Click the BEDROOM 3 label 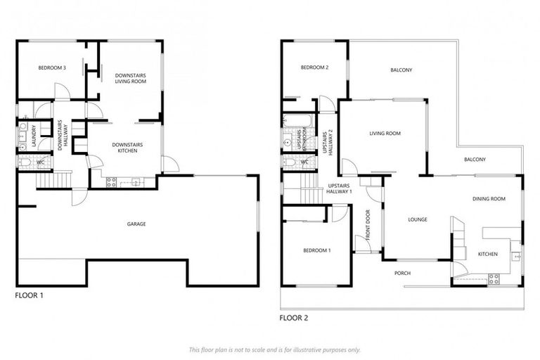coord(51,68)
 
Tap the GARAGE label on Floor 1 coord(136,224)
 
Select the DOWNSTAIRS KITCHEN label coord(127,148)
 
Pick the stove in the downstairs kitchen coord(111,182)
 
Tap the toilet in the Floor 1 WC coord(25,162)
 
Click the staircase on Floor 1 coord(53,180)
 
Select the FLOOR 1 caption coord(29,295)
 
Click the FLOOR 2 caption coord(293,318)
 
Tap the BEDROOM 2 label coord(314,67)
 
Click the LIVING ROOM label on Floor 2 coord(385,133)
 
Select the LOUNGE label coord(418,219)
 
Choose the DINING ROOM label coord(489,199)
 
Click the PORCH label coord(401,273)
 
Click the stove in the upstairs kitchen coord(494,278)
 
